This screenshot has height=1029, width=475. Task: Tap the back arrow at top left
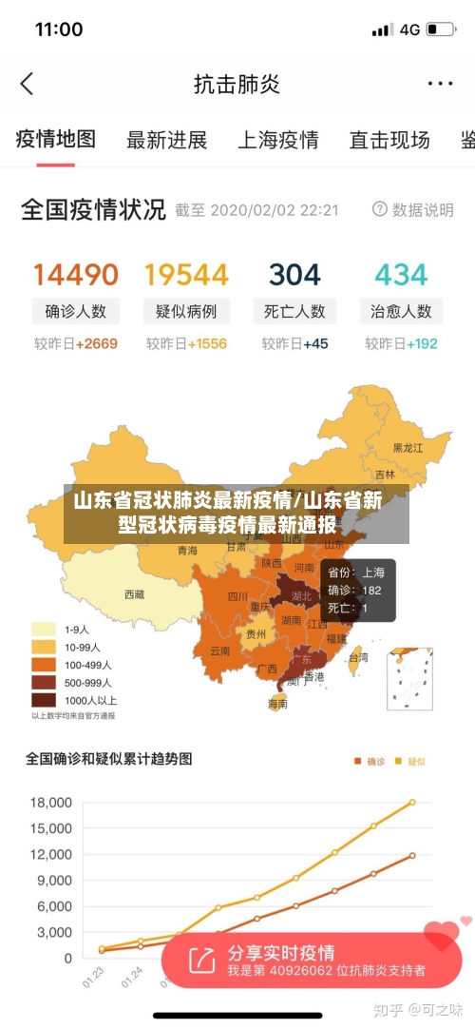(27, 84)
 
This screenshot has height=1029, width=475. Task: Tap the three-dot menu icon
(440, 84)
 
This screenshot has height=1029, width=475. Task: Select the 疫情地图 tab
(56, 140)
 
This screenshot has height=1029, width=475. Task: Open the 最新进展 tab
(166, 141)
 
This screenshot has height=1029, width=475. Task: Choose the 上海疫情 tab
(277, 141)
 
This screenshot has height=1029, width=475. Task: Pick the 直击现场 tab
(389, 141)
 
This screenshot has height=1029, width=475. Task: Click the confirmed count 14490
(76, 275)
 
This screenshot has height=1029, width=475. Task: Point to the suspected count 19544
(186, 275)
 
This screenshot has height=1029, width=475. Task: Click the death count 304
(294, 275)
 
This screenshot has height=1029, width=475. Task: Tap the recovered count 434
(401, 275)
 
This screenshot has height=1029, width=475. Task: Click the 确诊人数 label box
(76, 311)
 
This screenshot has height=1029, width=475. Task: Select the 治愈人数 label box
(401, 311)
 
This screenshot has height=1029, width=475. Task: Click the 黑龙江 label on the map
(408, 447)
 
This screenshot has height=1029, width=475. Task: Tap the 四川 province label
(237, 597)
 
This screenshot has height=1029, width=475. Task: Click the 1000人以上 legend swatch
(44, 700)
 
